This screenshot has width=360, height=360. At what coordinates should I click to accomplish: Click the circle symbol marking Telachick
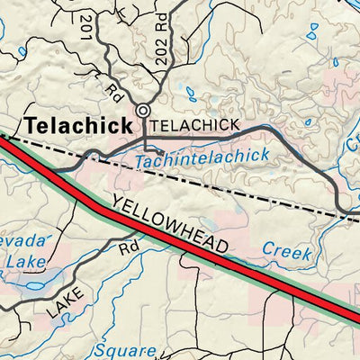[x=143, y=112]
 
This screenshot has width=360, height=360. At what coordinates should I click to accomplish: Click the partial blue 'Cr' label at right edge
[x=352, y=139]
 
